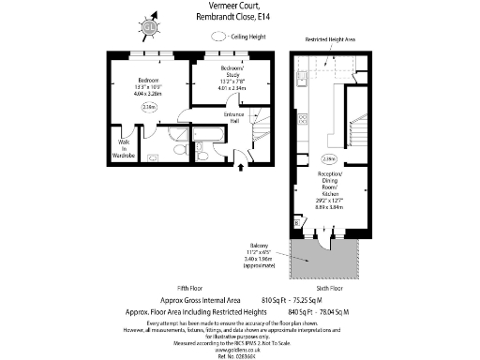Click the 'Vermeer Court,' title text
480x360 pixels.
(x=243, y=7)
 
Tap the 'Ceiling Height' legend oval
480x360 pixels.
(x=219, y=36)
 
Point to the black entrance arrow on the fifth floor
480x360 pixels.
(x=245, y=167)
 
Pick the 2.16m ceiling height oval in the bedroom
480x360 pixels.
(x=148, y=108)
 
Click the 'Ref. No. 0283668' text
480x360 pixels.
(x=239, y=355)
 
